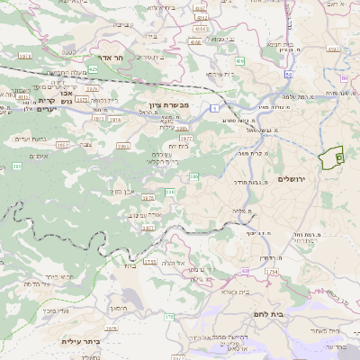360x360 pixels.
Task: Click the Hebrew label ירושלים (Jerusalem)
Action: click(x=293, y=180)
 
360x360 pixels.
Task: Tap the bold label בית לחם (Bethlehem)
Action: click(x=289, y=314)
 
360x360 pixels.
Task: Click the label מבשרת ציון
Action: click(x=167, y=105)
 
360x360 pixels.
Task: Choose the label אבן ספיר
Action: click(x=123, y=190)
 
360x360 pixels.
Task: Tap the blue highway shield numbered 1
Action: click(x=215, y=107)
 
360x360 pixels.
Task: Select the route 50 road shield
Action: click(x=288, y=75)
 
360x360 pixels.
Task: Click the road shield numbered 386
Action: click(x=193, y=176)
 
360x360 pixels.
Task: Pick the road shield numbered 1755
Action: click(x=150, y=261)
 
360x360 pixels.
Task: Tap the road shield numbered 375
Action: click(x=168, y=316)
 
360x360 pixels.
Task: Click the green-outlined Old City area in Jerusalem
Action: click(x=332, y=157)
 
